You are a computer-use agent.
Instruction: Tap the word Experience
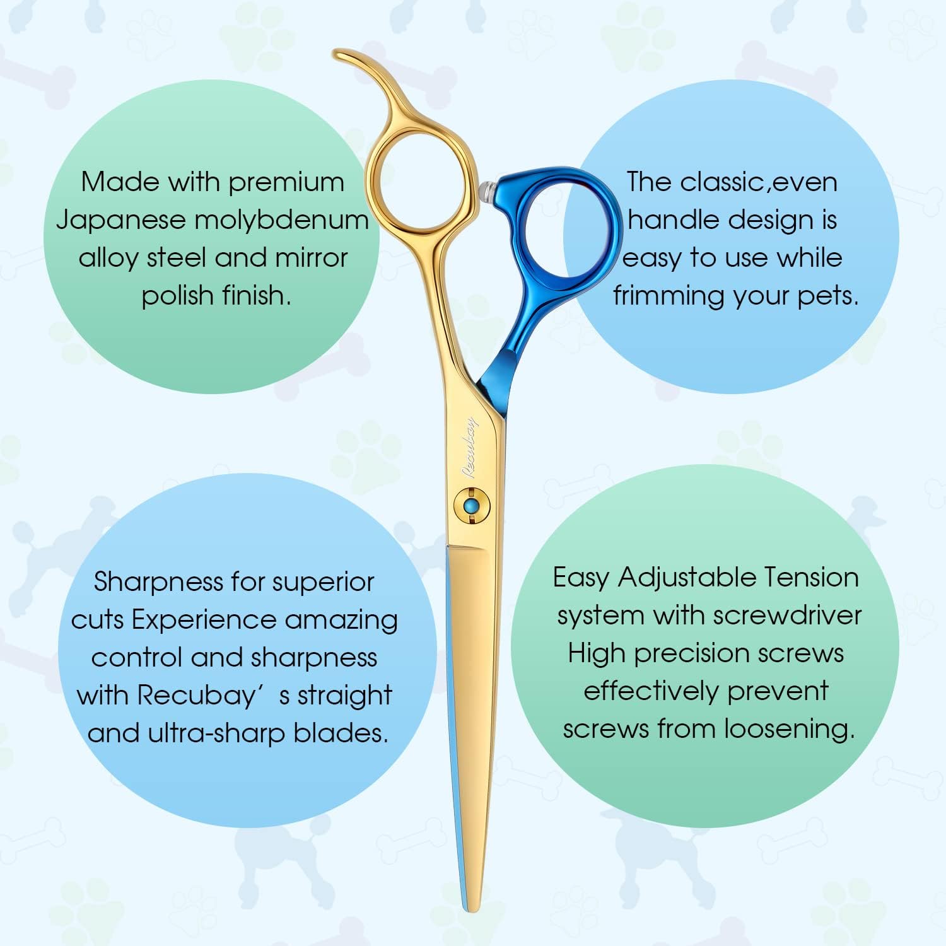205,620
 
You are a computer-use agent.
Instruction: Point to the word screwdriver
788,616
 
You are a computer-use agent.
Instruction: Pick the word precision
691,653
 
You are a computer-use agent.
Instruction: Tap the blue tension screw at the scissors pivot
470,506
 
